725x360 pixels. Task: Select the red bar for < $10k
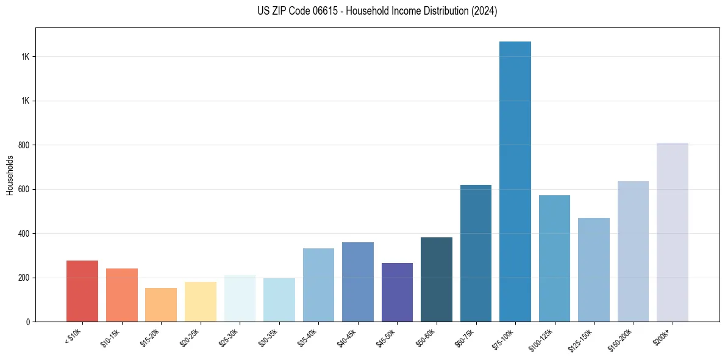(x=82, y=291)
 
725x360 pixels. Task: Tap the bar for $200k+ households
(x=672, y=232)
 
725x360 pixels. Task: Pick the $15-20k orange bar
(x=161, y=304)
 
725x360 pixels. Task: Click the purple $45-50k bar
(x=397, y=292)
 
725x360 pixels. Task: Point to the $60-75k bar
(x=476, y=253)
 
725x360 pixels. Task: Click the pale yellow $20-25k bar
(x=200, y=301)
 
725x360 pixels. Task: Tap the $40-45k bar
(x=357, y=282)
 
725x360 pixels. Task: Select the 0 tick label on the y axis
(x=28, y=322)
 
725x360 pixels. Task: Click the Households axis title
(x=10, y=175)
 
